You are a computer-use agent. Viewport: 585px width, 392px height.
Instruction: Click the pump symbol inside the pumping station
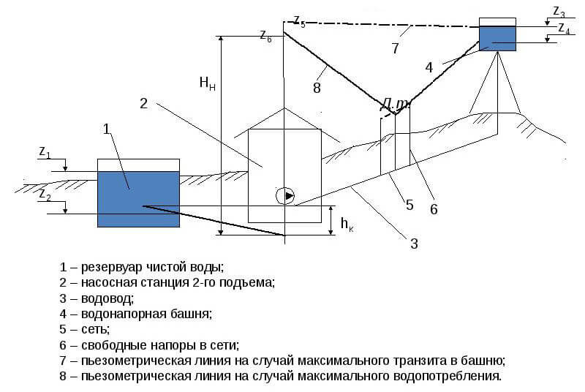(x=285, y=195)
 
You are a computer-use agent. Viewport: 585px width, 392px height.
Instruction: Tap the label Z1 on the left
(x=45, y=152)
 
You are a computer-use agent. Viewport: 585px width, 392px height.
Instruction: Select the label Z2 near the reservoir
(x=45, y=195)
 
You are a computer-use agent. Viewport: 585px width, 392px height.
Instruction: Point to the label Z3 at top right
(x=559, y=12)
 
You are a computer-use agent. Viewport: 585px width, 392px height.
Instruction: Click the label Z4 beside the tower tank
(x=564, y=29)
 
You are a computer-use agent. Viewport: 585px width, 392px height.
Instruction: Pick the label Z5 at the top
(x=299, y=21)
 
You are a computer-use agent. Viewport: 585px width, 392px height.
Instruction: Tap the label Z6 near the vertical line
(x=265, y=36)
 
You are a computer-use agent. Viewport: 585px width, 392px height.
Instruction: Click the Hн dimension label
(x=207, y=83)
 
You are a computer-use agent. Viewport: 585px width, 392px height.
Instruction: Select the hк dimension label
(x=347, y=224)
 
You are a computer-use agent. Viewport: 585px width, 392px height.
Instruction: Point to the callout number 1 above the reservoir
(x=107, y=129)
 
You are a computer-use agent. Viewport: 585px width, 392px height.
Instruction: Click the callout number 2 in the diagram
(x=143, y=103)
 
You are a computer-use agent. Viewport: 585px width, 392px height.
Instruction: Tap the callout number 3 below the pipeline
(x=414, y=244)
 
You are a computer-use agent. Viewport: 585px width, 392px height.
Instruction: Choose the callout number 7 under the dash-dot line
(x=396, y=48)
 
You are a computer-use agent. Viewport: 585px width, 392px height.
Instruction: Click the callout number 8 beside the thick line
(x=317, y=88)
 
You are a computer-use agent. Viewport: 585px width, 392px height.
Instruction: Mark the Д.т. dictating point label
(x=395, y=105)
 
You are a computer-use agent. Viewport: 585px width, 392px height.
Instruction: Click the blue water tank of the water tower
(x=497, y=39)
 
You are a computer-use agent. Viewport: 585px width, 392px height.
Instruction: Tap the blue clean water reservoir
(x=138, y=199)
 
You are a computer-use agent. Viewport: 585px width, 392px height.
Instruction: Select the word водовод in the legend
(x=107, y=298)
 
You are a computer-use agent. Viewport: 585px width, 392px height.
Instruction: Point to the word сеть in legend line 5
(x=95, y=330)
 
